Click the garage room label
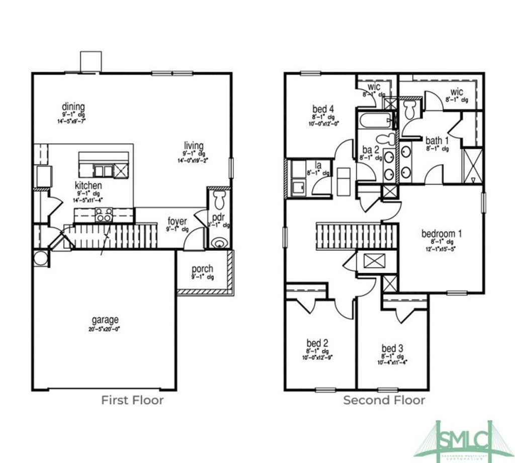click(x=105, y=320)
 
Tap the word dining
click(x=73, y=107)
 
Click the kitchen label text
click(x=89, y=185)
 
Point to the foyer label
click(x=178, y=221)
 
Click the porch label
click(x=202, y=269)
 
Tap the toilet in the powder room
click(x=220, y=200)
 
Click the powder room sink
click(x=219, y=243)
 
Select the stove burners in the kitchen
click(x=104, y=217)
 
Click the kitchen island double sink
click(x=103, y=171)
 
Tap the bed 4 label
click(x=323, y=109)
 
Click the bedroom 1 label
click(x=441, y=234)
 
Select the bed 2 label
click(x=317, y=344)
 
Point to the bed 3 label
click(x=392, y=348)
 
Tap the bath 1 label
click(x=437, y=140)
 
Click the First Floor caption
click(x=132, y=401)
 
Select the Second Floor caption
click(x=384, y=401)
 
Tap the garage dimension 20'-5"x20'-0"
click(x=105, y=329)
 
